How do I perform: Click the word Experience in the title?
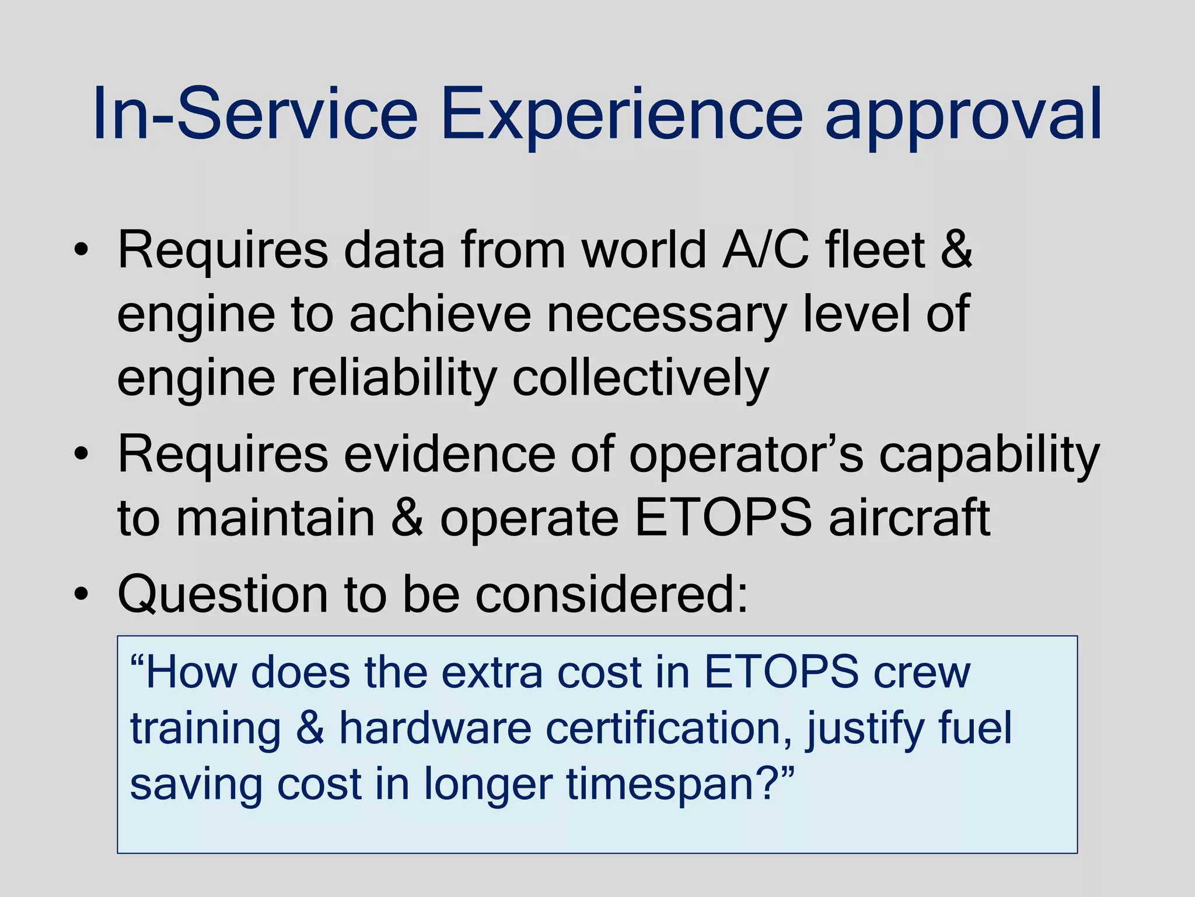click(x=622, y=114)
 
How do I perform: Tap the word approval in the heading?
click(x=963, y=114)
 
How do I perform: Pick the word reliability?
click(x=394, y=378)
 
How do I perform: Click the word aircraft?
click(x=909, y=517)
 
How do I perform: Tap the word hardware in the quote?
click(x=435, y=728)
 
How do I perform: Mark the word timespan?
click(x=680, y=785)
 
